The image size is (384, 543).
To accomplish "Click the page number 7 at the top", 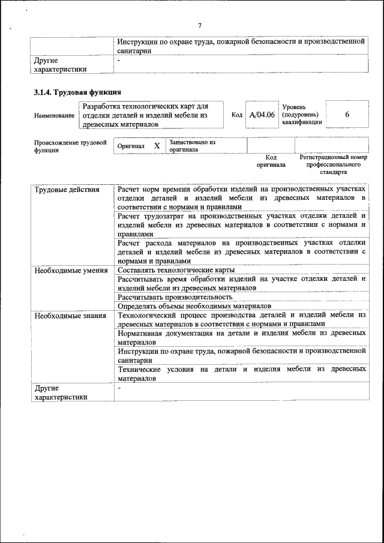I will click(x=200, y=25).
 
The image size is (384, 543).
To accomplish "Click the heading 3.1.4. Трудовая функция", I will click(x=77, y=92).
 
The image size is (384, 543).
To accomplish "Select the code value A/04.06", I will click(x=262, y=115).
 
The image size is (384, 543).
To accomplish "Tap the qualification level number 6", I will click(x=347, y=114).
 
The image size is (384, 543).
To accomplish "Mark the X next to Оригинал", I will click(x=157, y=146).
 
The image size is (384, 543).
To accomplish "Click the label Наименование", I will click(x=55, y=115).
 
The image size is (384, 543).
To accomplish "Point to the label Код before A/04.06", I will click(x=236, y=115).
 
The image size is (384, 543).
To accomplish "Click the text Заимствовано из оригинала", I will click(x=192, y=146).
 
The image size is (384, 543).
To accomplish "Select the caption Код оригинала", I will click(x=271, y=161).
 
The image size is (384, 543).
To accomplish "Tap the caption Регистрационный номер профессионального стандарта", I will click(x=333, y=164).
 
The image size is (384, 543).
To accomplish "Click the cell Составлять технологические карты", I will click(x=172, y=271).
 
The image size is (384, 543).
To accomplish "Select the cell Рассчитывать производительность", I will click(x=175, y=297).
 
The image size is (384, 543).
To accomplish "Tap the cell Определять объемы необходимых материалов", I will click(x=194, y=306).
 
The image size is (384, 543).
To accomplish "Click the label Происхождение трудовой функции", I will click(x=70, y=146).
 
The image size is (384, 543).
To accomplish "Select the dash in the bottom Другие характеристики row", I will click(x=119, y=389).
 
